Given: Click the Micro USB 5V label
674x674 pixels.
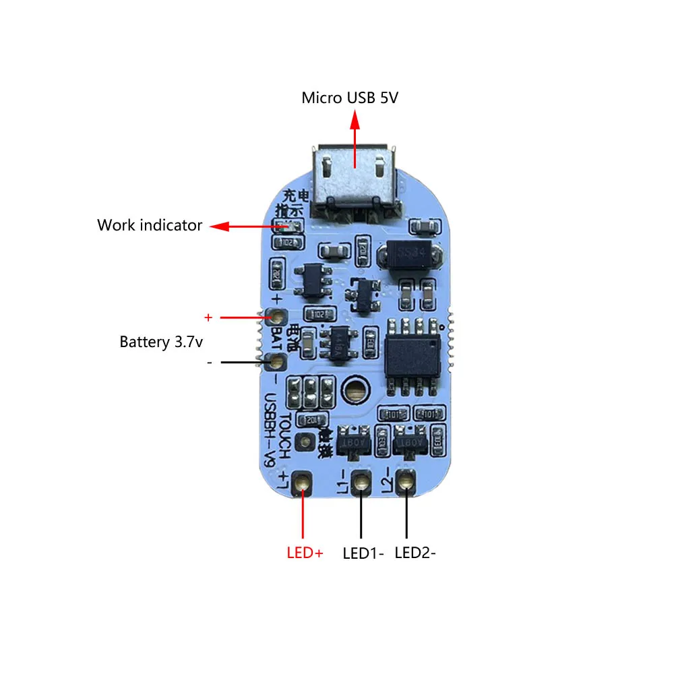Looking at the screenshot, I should pyautogui.click(x=350, y=98).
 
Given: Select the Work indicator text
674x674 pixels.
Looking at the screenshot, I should pyautogui.click(x=149, y=225).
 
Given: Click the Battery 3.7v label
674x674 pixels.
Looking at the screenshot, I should pyautogui.click(x=161, y=342).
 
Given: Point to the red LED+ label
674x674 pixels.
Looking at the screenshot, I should pyautogui.click(x=305, y=553).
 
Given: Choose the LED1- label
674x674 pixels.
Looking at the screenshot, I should pyautogui.click(x=363, y=553).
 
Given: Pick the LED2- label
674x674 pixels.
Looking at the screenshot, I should pyautogui.click(x=415, y=553).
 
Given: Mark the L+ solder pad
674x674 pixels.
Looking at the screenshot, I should pyautogui.click(x=303, y=483).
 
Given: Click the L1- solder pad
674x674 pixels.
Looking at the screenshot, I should pyautogui.click(x=361, y=483).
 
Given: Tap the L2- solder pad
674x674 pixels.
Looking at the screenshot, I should pyautogui.click(x=406, y=483).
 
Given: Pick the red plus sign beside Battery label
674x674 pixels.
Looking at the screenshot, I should pyautogui.click(x=208, y=316).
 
